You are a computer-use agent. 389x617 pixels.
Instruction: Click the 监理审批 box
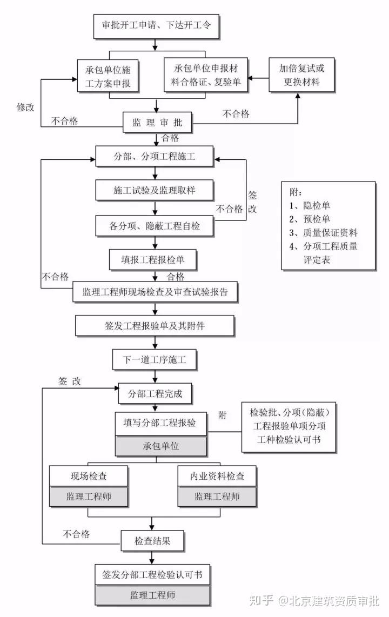(157, 123)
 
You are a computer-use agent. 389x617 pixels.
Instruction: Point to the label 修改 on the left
(25, 107)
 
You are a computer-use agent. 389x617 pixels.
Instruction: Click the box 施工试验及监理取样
(156, 190)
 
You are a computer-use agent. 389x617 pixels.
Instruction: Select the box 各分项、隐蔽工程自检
(156, 226)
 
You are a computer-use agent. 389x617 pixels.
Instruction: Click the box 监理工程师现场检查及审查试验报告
(155, 292)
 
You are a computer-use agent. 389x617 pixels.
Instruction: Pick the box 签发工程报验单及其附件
(155, 326)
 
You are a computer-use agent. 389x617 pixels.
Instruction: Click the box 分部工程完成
(155, 394)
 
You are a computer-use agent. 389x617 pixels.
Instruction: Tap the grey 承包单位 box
(160, 446)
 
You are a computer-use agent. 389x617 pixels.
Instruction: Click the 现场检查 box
(89, 476)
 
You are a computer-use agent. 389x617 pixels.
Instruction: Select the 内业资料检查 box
(217, 476)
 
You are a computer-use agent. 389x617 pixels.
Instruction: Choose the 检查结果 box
(152, 539)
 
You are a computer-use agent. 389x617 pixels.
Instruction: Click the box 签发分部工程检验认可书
(152, 574)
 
